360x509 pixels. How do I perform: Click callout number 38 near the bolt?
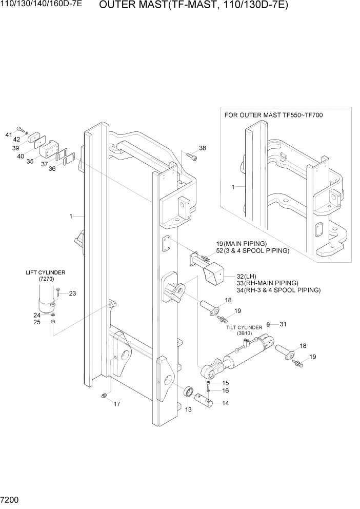coord(202,148)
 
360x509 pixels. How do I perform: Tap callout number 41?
coord(8,134)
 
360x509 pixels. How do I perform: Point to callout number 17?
coord(116,404)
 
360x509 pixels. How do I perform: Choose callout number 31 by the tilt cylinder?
coord(283,324)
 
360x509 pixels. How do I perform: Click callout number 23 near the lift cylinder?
coord(72,293)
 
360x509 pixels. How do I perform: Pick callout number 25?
coord(36,322)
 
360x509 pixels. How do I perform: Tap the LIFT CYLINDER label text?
coord(46,272)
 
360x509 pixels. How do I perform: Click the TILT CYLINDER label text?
coord(244,327)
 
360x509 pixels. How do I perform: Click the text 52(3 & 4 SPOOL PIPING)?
coord(252,251)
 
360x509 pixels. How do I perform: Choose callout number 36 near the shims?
coord(52,168)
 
